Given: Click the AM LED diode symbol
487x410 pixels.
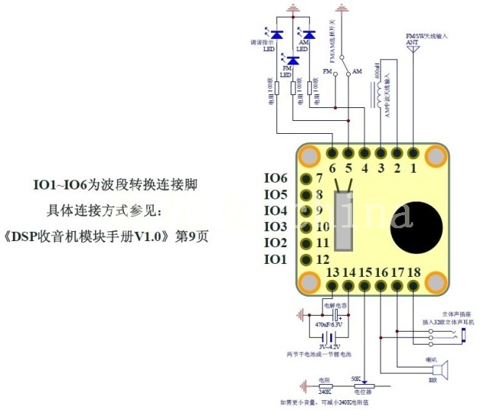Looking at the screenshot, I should click(x=309, y=34).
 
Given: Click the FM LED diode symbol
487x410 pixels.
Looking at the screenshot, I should click(x=293, y=59).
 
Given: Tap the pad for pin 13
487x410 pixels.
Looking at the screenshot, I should click(x=332, y=287).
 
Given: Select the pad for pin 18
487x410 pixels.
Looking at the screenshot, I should click(x=413, y=287).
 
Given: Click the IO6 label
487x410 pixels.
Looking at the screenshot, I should click(x=275, y=178).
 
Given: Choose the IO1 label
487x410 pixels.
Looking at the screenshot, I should click(x=275, y=260).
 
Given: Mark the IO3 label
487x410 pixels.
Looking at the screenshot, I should click(x=275, y=227).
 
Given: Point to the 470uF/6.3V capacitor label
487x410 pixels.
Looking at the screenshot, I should click(x=331, y=324).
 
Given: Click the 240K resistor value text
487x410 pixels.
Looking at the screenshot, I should click(x=324, y=392).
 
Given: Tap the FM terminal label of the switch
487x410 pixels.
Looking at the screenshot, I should click(x=327, y=72).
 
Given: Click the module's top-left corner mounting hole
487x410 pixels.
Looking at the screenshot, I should click(x=310, y=156).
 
